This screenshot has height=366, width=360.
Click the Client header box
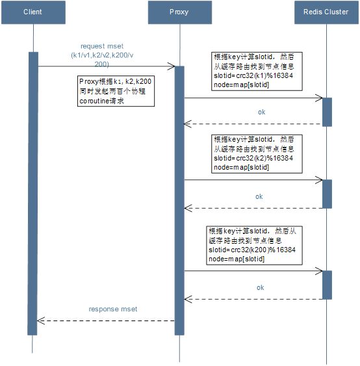[x=33, y=12]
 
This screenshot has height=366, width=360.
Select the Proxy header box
[x=180, y=12]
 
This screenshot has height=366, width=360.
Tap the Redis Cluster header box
[x=326, y=12]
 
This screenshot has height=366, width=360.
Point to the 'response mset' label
[x=113, y=309]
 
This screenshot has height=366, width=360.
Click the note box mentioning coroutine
[x=116, y=91]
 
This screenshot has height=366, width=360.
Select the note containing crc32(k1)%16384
[x=257, y=72]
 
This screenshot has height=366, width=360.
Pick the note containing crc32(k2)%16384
[x=257, y=154]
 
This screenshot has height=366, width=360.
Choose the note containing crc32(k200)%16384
[x=254, y=245]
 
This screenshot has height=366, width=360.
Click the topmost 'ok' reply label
[x=261, y=112]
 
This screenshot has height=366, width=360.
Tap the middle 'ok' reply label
[x=259, y=196]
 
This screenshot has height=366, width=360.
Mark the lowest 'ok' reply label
[x=261, y=287]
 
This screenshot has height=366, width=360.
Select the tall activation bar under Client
[x=33, y=194]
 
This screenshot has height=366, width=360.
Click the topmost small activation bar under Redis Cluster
[x=327, y=112]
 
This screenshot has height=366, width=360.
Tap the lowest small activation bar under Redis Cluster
[x=327, y=285]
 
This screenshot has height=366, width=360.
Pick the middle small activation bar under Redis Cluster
[x=327, y=194]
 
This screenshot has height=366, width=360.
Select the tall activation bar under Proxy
[x=179, y=201]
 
